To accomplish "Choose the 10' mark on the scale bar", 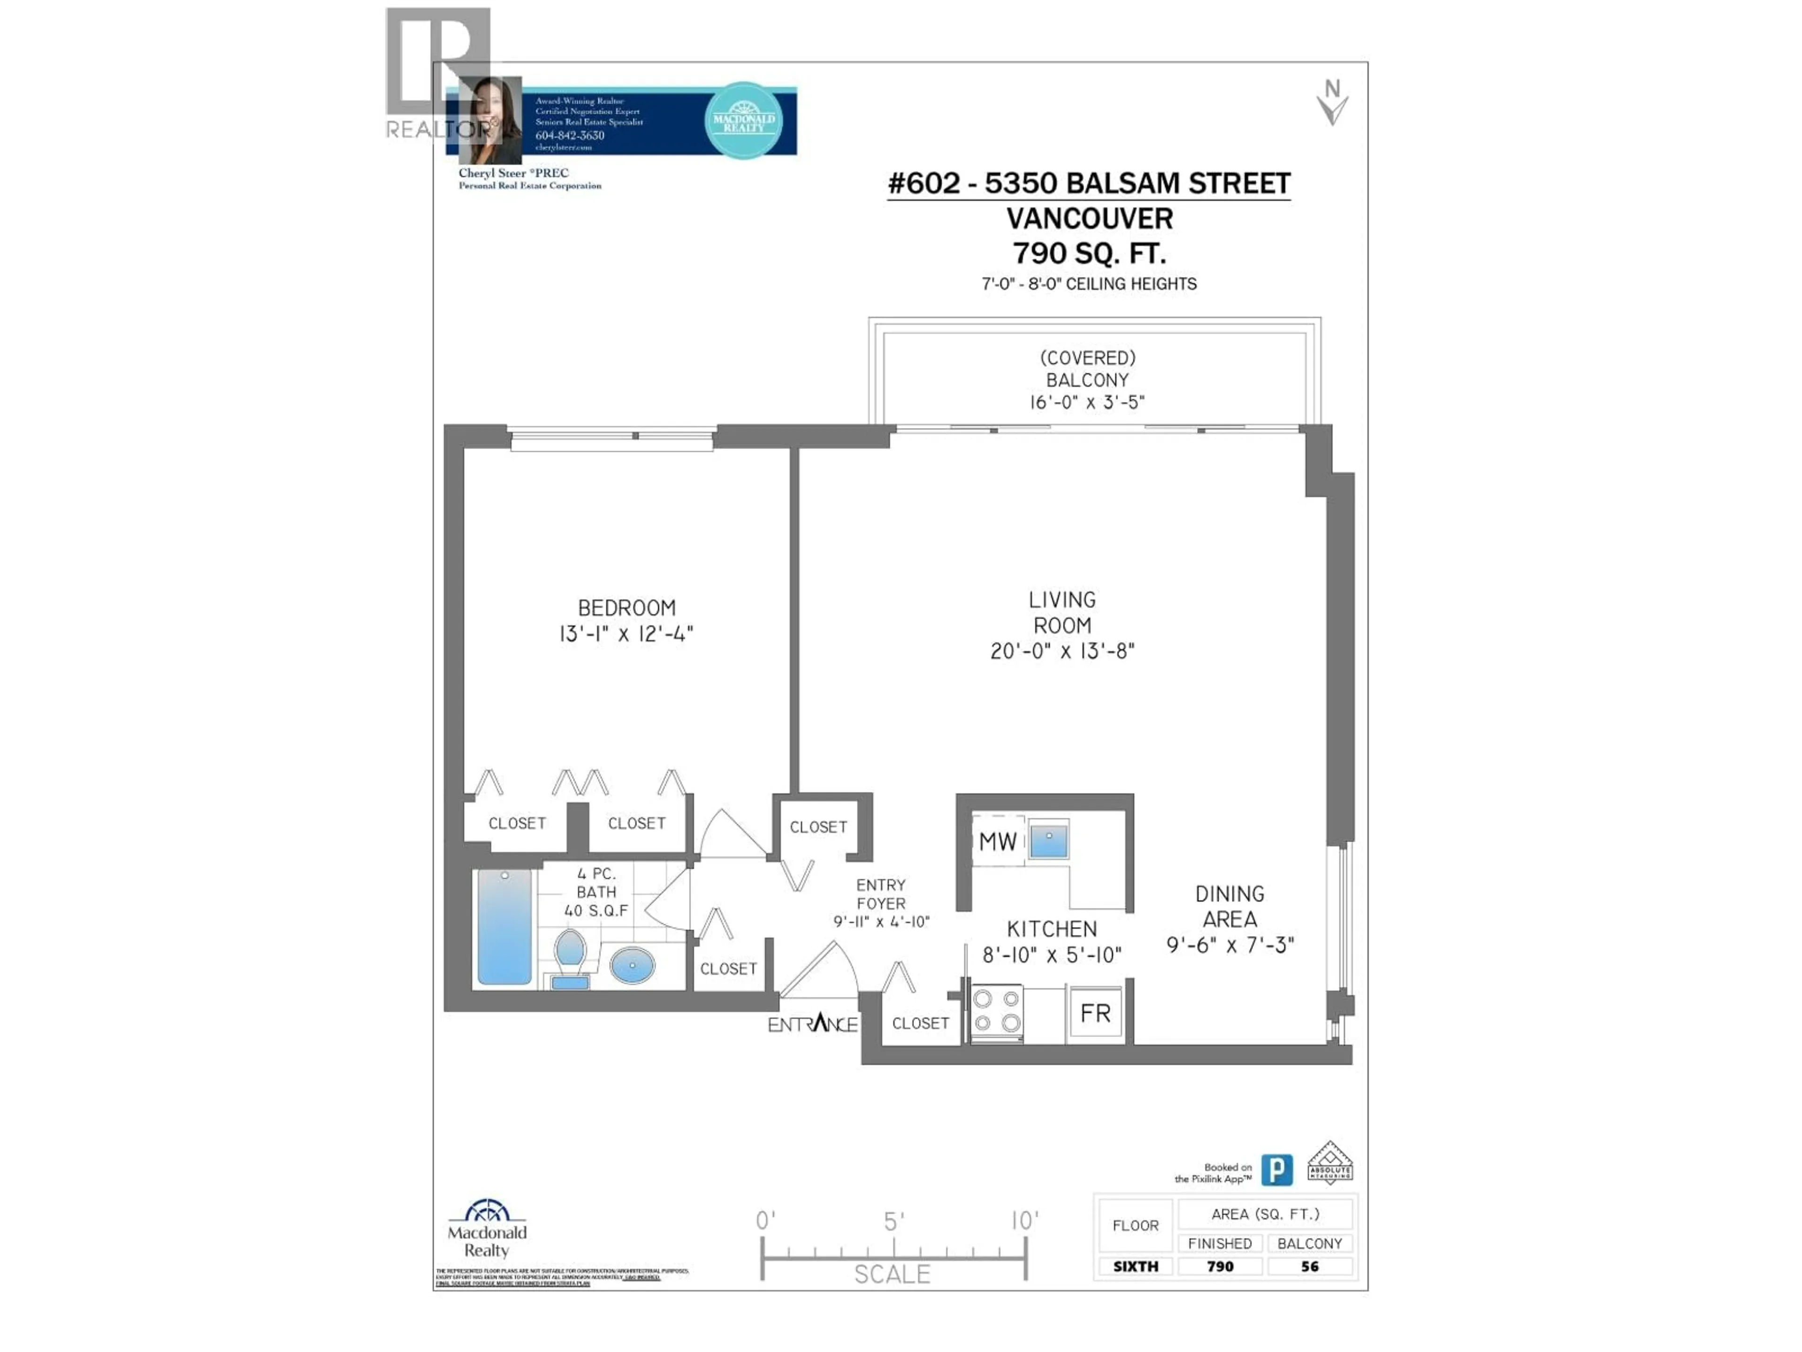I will [1025, 1221].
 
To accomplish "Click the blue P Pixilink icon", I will [1276, 1170].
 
